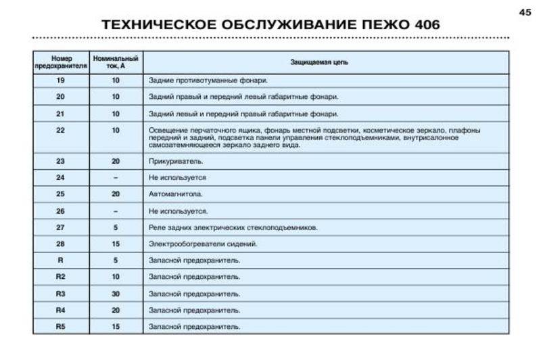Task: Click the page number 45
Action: (525, 11)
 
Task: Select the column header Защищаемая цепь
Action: (325, 62)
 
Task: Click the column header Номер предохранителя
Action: (61, 62)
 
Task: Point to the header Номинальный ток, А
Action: (116, 62)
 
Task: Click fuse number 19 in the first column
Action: (61, 81)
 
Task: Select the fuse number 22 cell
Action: (61, 130)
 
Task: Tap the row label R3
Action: (61, 294)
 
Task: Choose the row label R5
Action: (61, 327)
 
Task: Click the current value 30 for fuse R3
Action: (116, 294)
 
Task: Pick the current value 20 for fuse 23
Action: (116, 162)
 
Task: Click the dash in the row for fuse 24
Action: (116, 178)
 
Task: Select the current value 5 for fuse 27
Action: (116, 227)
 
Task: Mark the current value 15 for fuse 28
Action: (116, 244)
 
